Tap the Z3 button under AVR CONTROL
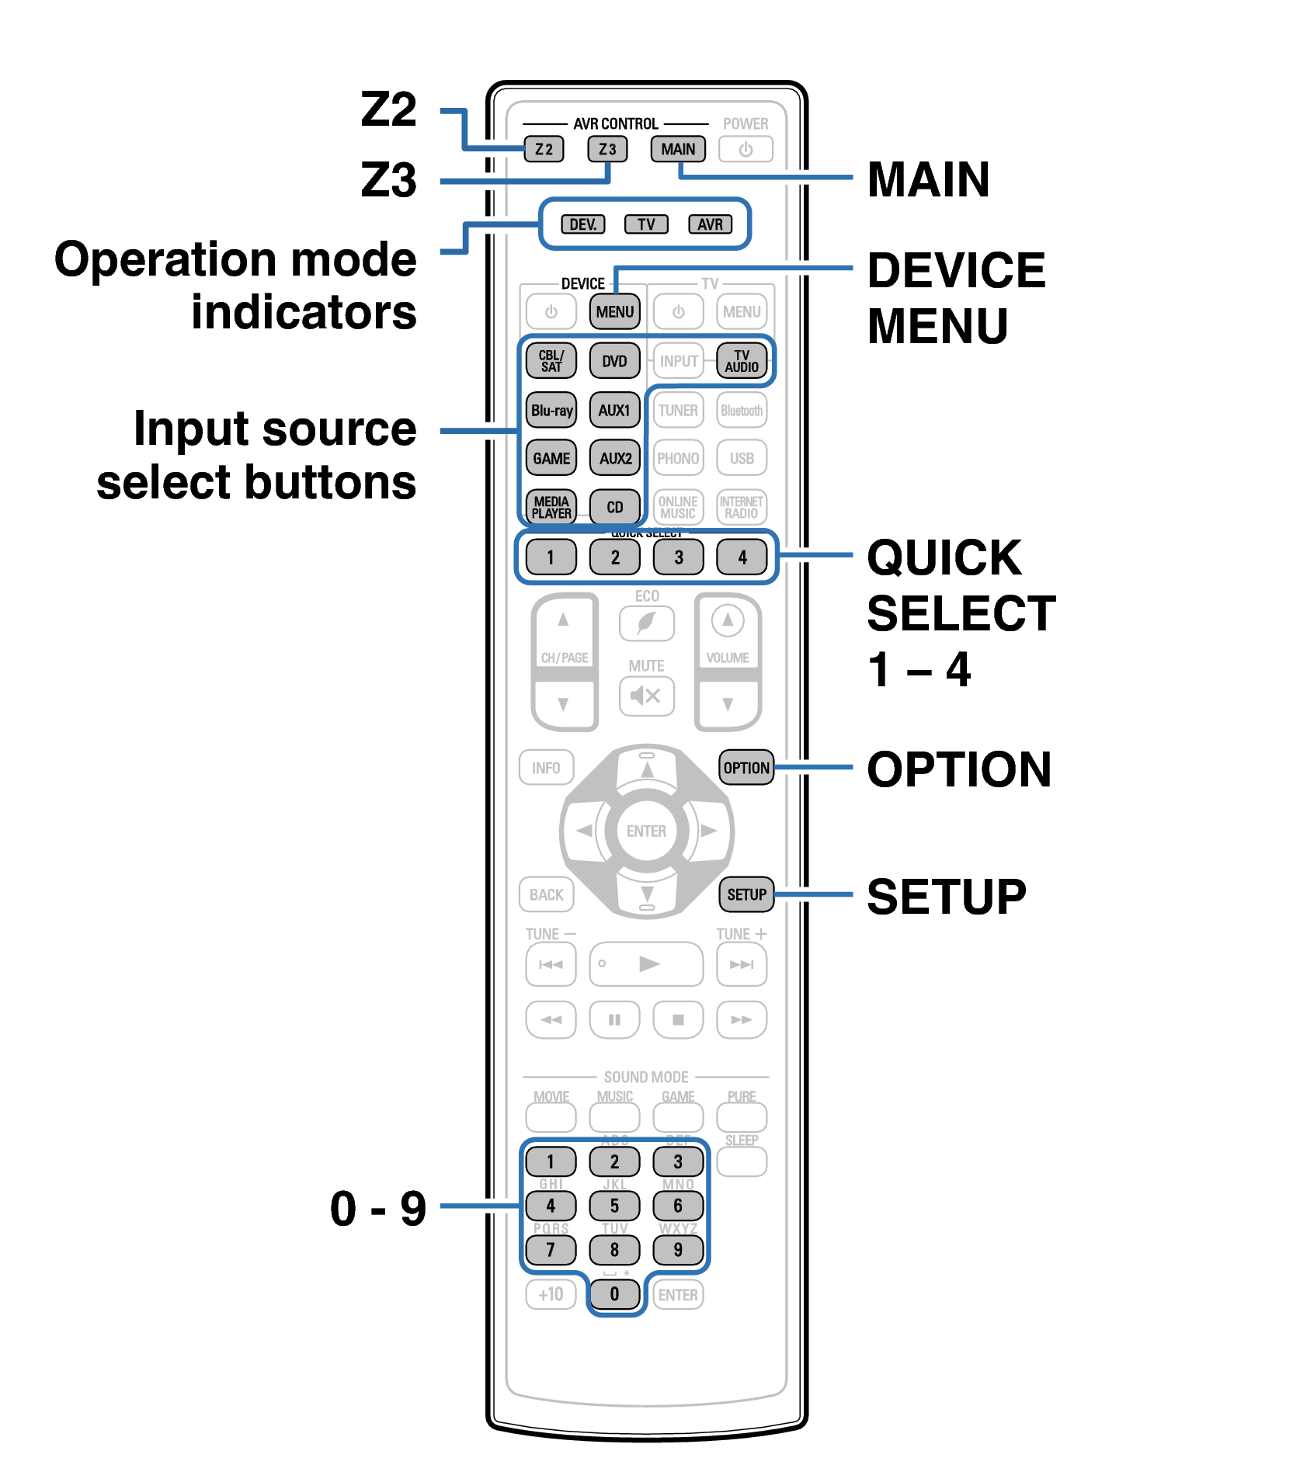point(607,149)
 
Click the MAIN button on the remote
point(678,149)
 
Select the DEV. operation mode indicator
point(582,224)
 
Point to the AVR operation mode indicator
point(710,224)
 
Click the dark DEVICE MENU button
point(615,311)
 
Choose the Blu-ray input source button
point(551,410)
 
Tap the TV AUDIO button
point(742,361)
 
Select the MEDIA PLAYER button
point(551,507)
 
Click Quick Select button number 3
point(678,557)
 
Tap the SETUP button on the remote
point(746,894)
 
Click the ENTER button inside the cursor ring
point(646,831)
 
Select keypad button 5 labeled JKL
point(614,1206)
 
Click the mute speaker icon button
point(646,695)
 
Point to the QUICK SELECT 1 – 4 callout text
point(960,613)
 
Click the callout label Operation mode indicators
point(236,285)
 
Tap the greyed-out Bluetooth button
point(742,410)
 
